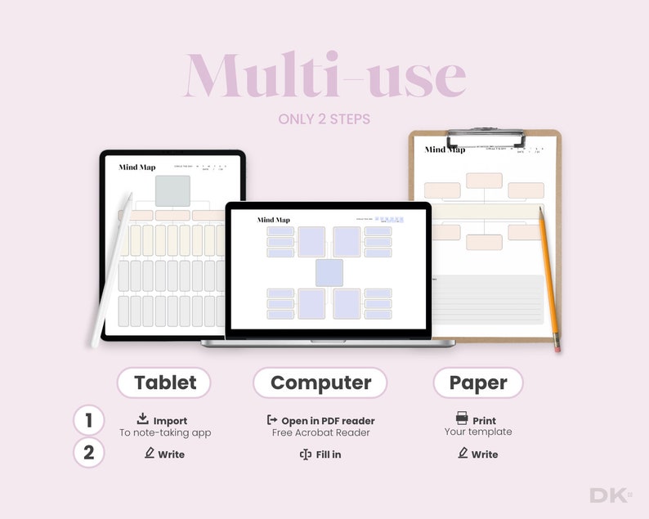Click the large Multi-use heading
(x=325, y=76)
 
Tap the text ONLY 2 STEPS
(x=324, y=119)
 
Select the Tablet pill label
(x=164, y=383)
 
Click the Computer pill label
(x=320, y=383)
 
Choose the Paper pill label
(x=478, y=383)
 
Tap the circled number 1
(x=88, y=420)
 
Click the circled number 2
(x=88, y=453)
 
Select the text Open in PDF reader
(x=328, y=421)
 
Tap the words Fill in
(x=328, y=454)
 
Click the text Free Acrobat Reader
(x=321, y=433)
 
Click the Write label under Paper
(x=485, y=454)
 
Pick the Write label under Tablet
(x=171, y=454)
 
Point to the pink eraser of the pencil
(x=557, y=347)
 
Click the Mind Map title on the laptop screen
(x=273, y=220)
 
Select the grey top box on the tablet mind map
(x=172, y=190)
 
